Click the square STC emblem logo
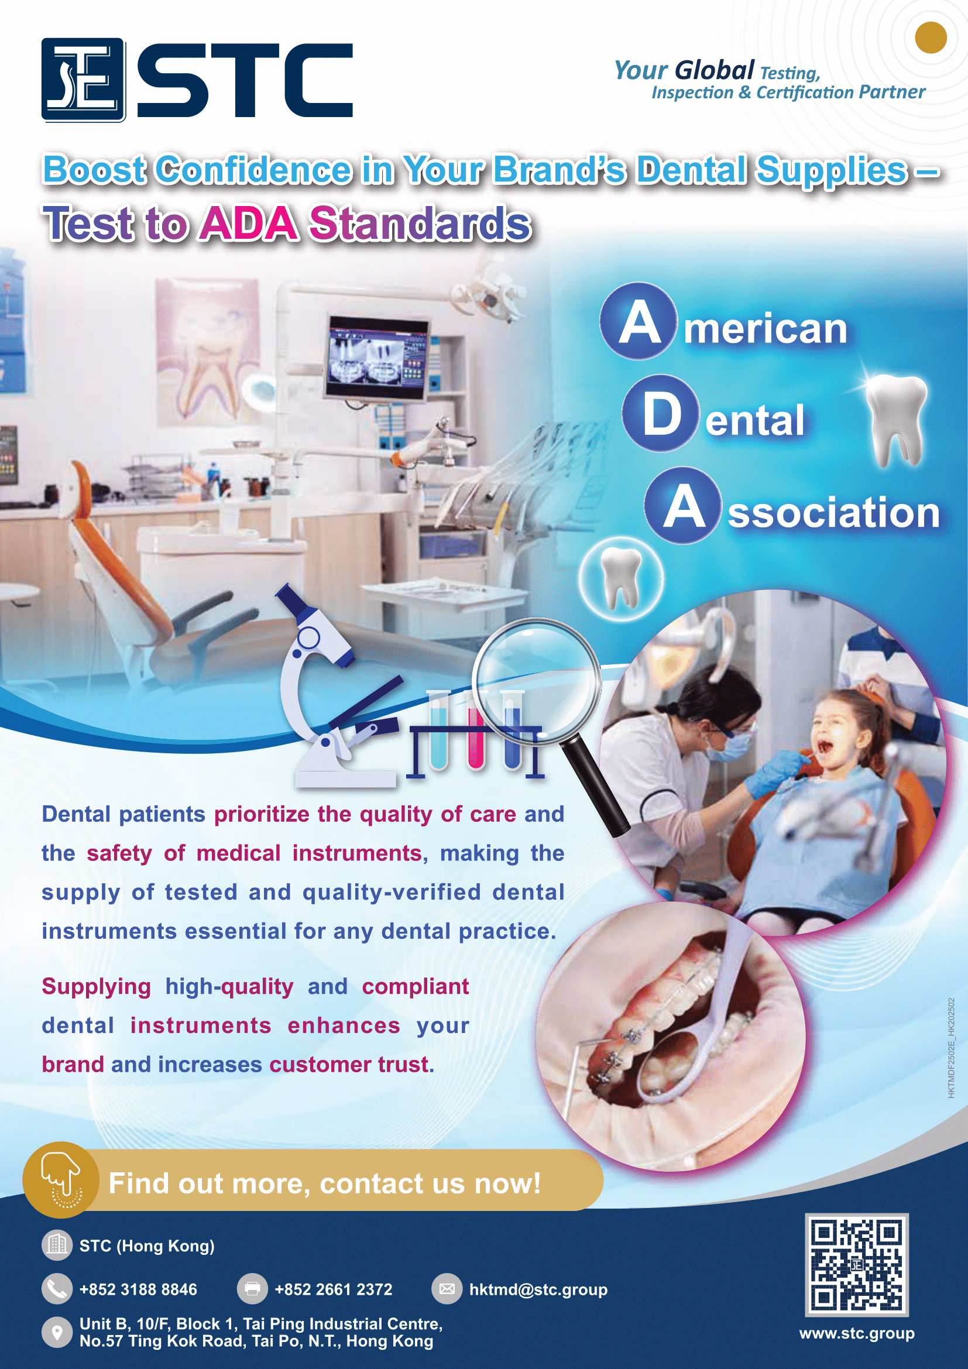[84, 80]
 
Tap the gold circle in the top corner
[931, 37]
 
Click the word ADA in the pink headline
[249, 224]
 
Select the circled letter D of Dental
[660, 413]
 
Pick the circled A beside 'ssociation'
[683, 506]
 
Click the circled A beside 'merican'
[639, 321]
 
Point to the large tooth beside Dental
[897, 420]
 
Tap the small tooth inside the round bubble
[621, 577]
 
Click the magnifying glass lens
[537, 680]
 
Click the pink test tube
[476, 731]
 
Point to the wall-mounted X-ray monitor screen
[377, 358]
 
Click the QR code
[857, 1265]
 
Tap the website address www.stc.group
[857, 1333]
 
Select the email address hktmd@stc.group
[538, 1289]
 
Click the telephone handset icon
[57, 1289]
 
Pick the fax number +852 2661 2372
[333, 1289]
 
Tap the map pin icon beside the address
[57, 1332]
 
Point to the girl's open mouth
[826, 746]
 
